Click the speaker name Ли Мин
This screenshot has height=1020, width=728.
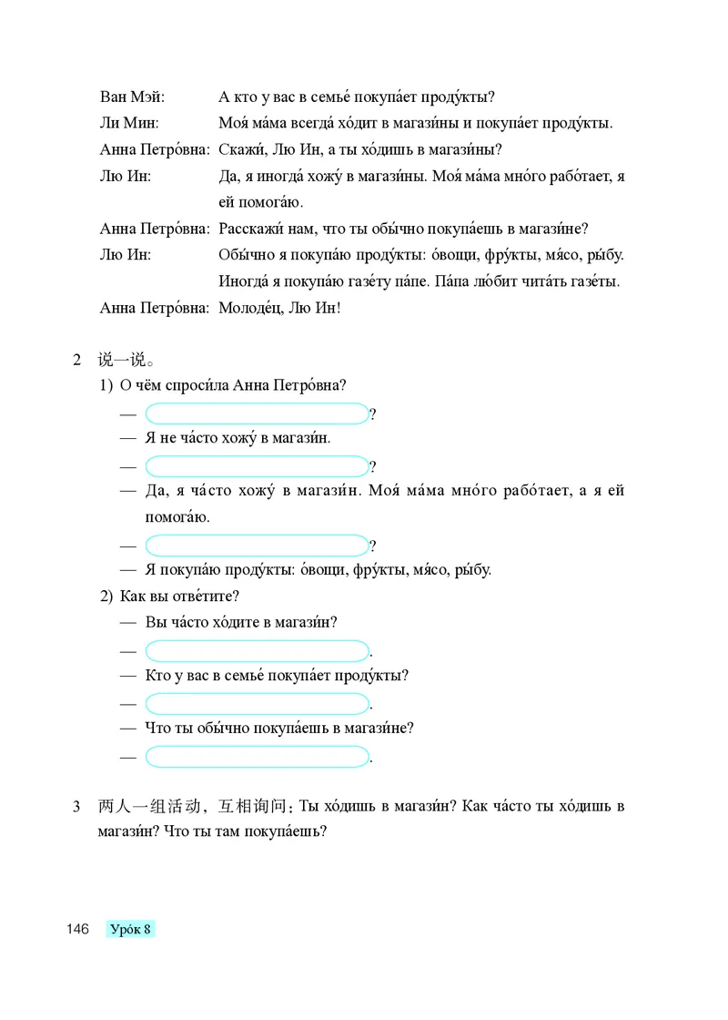[x=129, y=123]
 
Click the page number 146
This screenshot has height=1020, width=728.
[x=76, y=929]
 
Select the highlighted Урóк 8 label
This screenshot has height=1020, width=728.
[x=130, y=929]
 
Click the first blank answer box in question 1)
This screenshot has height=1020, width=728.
[x=257, y=414]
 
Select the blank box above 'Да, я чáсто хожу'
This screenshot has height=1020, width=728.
[x=257, y=467]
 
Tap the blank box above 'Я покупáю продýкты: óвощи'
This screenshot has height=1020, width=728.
[x=257, y=546]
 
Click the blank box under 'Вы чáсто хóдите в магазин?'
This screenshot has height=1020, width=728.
[x=257, y=651]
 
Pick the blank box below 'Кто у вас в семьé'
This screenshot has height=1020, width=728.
[x=257, y=704]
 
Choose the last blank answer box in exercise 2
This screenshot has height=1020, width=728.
[x=257, y=757]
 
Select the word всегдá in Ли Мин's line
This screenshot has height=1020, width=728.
[x=318, y=123]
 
